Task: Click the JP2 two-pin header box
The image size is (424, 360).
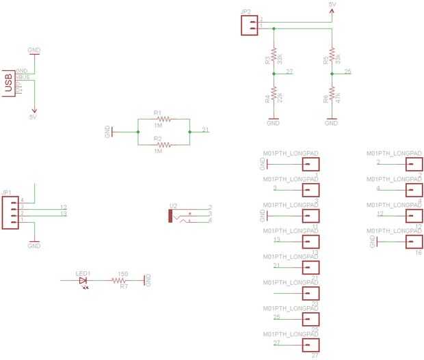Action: [x=249, y=25]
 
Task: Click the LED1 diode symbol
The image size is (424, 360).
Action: [x=83, y=280]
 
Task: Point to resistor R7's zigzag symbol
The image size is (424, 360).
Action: [x=123, y=280]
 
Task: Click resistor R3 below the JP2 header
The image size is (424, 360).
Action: [x=274, y=55]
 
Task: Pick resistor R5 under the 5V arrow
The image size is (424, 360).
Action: [x=332, y=55]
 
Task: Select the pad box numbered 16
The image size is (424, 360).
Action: [x=413, y=243]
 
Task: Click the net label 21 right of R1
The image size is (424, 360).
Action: [x=206, y=130]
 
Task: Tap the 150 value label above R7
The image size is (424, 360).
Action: [x=122, y=273]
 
